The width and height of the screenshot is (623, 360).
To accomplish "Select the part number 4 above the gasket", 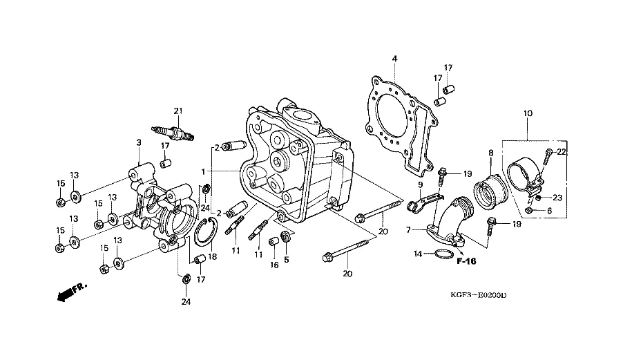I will pos(394,58).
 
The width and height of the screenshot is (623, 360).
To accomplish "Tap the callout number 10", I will pos(527,113).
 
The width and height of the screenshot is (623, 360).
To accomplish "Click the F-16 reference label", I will pos(467,261).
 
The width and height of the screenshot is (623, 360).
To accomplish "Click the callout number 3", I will pos(138,143).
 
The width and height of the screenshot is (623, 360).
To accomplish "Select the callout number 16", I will pos(274,265).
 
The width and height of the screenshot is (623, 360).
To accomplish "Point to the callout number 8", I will pos(491,153).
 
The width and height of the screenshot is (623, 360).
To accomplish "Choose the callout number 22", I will pos(562,151).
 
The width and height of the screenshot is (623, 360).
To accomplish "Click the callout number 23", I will pos(558,197).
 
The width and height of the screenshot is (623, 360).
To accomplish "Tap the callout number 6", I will pos(549,211).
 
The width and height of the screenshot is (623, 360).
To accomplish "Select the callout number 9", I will pos(419,185).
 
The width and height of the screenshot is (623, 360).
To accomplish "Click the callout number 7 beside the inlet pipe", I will pos(408,229).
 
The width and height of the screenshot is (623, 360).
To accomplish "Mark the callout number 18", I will pos(213,256).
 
